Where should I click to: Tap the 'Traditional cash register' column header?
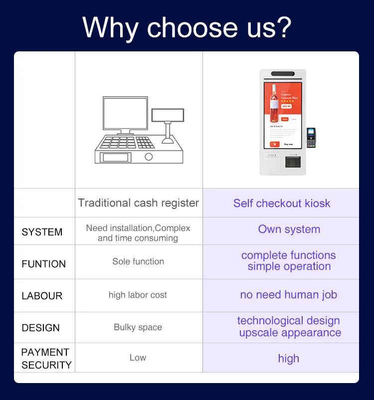coord(138,203)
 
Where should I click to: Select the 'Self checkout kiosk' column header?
coord(281,203)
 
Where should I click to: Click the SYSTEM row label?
coord(42,232)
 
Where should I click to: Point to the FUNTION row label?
coord(43,264)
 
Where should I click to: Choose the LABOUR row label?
coord(42,296)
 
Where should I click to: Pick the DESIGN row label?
coord(40,328)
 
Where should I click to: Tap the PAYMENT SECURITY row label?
coord(46,359)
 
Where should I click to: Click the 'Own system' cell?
coord(289,229)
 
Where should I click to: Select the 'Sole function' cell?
coord(138,261)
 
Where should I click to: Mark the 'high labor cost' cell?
coord(138,295)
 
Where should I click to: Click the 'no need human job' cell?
coord(288,295)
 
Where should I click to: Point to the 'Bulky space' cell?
coord(138,328)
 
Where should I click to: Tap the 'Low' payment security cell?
coord(138,358)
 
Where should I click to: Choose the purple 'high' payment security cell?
coord(288,358)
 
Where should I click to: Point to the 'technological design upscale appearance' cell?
coord(289,327)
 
